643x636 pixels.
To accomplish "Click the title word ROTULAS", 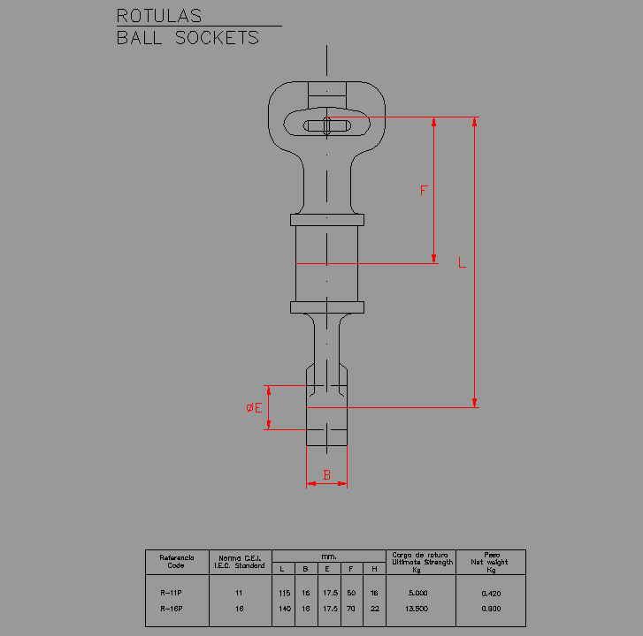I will coord(159,16).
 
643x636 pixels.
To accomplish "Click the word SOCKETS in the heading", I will coord(217,38).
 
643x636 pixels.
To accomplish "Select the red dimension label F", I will coord(424,191).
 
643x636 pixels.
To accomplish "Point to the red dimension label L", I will coord(462,262).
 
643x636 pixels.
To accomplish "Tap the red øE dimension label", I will coord(254,407).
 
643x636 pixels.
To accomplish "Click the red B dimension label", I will coord(326,474).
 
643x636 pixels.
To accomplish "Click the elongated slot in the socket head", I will coord(326,126).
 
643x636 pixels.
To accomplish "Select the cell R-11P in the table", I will coord(172,593).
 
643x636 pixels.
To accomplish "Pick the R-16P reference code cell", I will coord(172,609).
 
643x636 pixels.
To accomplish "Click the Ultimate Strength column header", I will coord(421,562).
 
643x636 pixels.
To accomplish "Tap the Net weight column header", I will coord(491,562).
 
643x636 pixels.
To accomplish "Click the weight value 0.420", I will coord(491,593).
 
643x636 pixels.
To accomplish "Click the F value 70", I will coord(351,609).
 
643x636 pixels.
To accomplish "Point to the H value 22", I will coord(374,609).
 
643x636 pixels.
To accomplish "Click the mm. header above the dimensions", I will coord(328,556).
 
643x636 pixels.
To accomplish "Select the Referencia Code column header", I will coord(176,562).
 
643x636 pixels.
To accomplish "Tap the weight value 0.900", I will coord(491,609).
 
